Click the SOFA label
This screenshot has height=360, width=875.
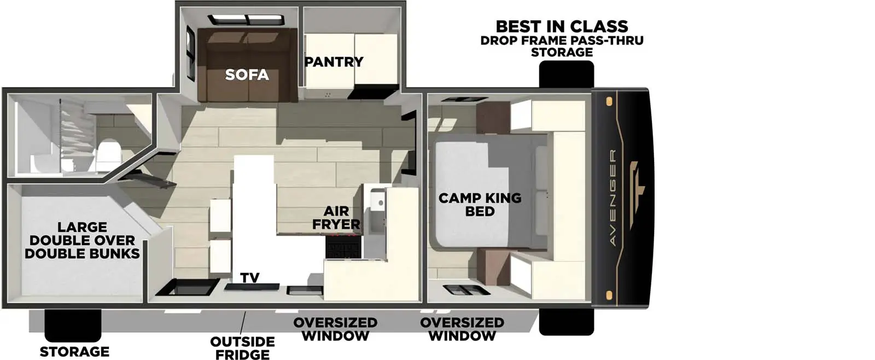tap(247, 75)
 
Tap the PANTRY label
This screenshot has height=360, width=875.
tap(334, 62)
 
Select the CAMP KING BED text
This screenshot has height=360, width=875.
tap(480, 205)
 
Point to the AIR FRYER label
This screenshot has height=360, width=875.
tap(336, 217)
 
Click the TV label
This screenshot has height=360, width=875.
tap(250, 278)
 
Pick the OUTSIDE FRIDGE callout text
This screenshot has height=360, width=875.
tap(242, 348)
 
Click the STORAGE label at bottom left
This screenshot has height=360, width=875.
tap(74, 352)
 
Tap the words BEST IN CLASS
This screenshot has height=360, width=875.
tap(562, 26)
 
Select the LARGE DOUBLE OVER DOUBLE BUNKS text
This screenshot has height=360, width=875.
tap(82, 240)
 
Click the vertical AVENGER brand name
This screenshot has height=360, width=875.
tap(612, 198)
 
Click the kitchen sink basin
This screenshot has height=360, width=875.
tap(377, 203)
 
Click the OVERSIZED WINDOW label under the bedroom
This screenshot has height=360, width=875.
tap(462, 329)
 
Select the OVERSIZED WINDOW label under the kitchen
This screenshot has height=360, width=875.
tap(335, 329)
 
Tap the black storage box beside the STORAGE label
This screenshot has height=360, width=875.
tap(73, 326)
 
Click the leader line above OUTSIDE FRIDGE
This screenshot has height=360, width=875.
tap(244, 322)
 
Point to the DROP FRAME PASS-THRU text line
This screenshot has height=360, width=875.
tap(562, 40)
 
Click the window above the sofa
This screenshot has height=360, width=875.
tap(247, 21)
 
